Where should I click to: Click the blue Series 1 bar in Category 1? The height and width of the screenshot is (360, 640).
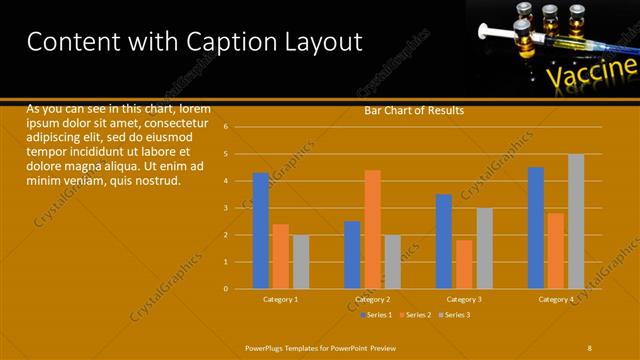[x=260, y=230]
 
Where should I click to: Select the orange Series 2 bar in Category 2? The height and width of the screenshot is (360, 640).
[x=372, y=229]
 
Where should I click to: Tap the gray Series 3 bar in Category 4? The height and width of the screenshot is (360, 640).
[x=576, y=221]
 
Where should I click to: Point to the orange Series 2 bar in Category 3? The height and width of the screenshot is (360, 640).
[x=464, y=264]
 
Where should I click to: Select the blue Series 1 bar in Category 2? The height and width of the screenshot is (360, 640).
[x=352, y=254]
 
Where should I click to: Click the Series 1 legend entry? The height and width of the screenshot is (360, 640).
[x=377, y=315]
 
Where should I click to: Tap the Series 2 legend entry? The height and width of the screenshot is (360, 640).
[x=416, y=315]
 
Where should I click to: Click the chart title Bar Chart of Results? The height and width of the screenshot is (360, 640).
[x=413, y=110]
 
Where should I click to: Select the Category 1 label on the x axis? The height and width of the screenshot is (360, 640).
[x=281, y=299]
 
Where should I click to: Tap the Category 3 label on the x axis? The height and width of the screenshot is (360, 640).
[x=464, y=299]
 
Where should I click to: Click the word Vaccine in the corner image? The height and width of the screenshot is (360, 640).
[x=591, y=72]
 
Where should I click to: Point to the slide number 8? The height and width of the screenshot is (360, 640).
[x=590, y=347]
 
